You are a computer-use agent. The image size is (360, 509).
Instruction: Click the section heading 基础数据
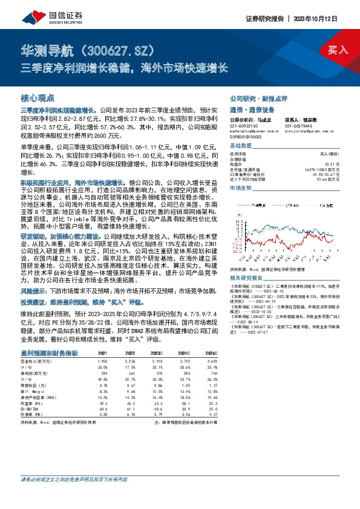point(240,146)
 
